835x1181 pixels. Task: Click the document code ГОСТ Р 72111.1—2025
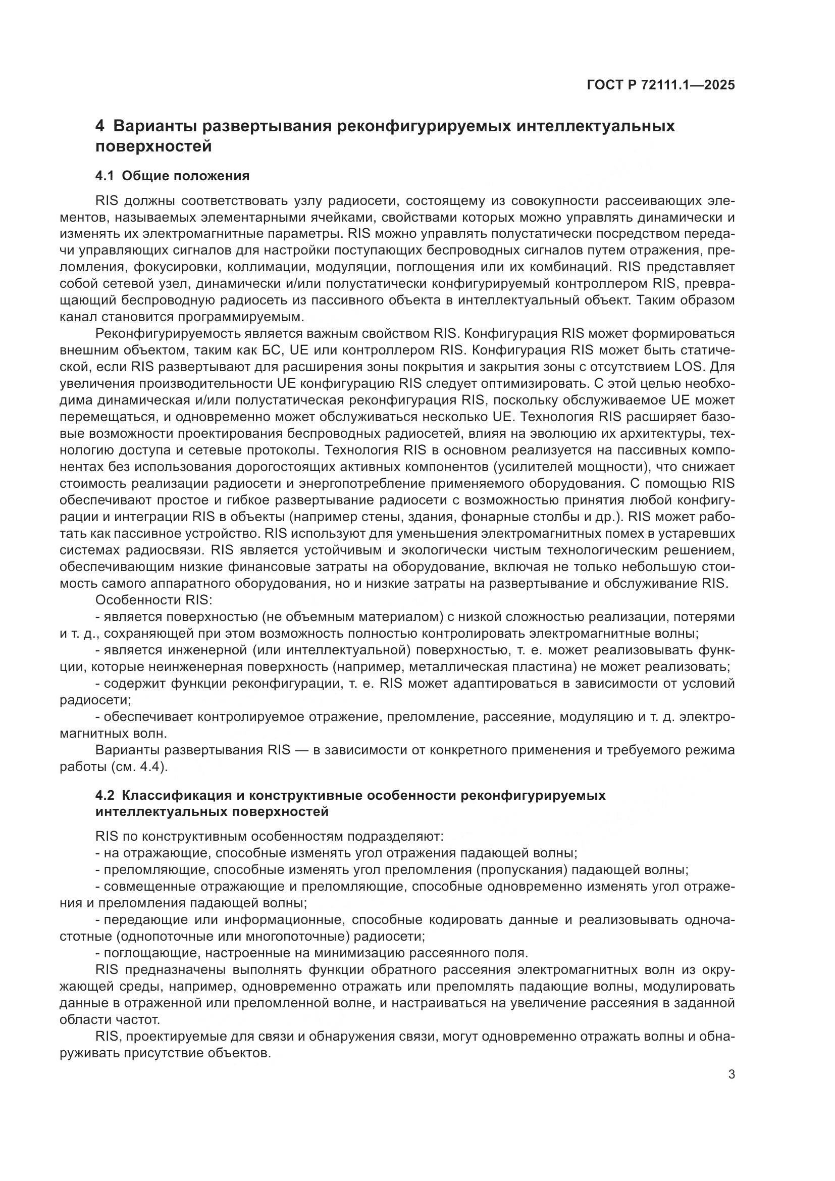point(661,85)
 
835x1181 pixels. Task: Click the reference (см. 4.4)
point(139,766)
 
